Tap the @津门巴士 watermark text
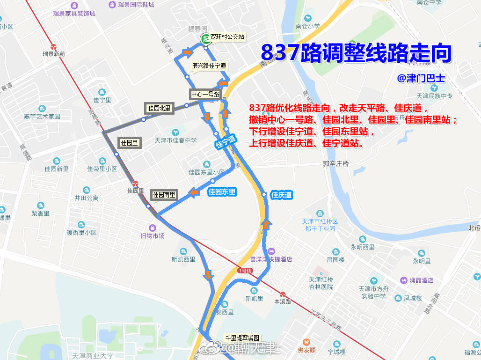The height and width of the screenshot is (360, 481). tap(421, 78)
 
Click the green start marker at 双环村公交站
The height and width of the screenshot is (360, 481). tap(205, 39)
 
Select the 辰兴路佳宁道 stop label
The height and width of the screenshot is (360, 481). tap(209, 66)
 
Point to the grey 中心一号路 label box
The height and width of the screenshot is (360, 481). tap(205, 94)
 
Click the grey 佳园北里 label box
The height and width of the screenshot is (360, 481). tap(160, 109)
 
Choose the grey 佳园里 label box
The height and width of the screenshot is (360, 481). tap(129, 143)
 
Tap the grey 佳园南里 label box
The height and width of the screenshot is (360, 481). tap(164, 194)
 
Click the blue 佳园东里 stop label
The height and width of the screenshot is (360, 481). tap(222, 191)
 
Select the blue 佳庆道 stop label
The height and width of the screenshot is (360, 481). tap(282, 195)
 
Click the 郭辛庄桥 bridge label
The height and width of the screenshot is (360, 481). tap(336, 163)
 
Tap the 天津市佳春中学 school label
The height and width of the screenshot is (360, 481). tap(176, 140)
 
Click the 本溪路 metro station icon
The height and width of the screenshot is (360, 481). tap(283, 294)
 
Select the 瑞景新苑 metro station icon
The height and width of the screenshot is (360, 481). tap(54, 47)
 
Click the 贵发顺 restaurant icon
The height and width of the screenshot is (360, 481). tap(306, 343)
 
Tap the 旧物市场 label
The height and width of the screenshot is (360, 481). tap(153, 235)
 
